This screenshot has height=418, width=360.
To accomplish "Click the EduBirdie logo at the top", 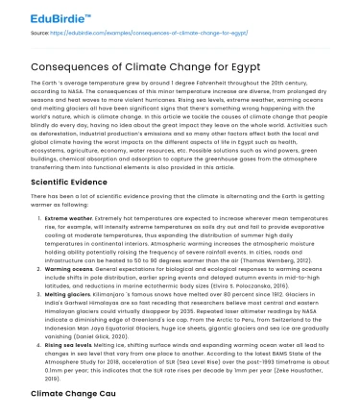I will click(44, 13).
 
